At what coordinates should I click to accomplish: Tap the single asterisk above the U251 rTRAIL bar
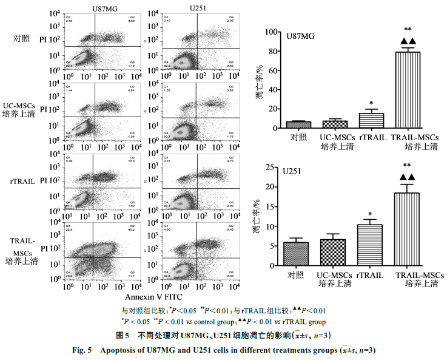pos(369,214)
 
